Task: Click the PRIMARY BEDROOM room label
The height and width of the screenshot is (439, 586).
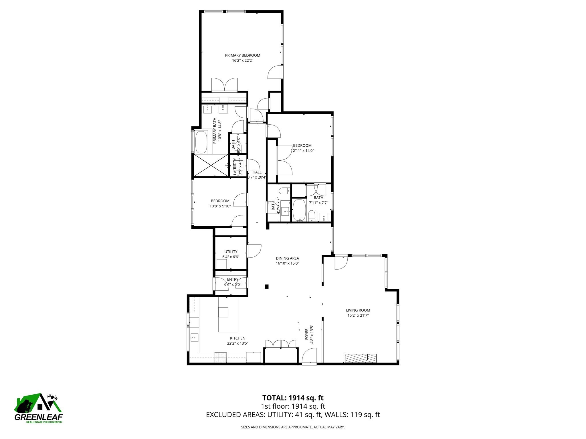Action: pyautogui.click(x=242, y=55)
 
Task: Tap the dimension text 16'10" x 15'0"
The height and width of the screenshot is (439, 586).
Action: pyautogui.click(x=287, y=264)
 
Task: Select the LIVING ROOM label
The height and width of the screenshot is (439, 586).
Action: pyautogui.click(x=358, y=310)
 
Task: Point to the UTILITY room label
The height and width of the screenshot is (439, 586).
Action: pyautogui.click(x=231, y=252)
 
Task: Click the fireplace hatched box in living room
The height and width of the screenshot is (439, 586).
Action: pyautogui.click(x=361, y=358)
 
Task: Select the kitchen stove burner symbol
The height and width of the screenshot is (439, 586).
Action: pyautogui.click(x=220, y=358)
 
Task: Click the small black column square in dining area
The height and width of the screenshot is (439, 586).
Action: pyautogui.click(x=267, y=286)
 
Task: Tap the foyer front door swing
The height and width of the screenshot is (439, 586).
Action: pyautogui.click(x=310, y=356)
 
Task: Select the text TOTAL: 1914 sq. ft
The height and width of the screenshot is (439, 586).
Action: pyautogui.click(x=293, y=398)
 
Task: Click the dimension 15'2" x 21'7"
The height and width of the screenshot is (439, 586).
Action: pyautogui.click(x=358, y=316)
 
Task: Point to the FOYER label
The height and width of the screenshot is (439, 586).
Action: pyautogui.click(x=307, y=334)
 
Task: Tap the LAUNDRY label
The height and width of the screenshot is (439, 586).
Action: pyautogui.click(x=235, y=166)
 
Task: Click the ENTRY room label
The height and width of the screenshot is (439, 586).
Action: pyautogui.click(x=233, y=280)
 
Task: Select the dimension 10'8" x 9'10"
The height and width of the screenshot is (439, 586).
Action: pyautogui.click(x=220, y=206)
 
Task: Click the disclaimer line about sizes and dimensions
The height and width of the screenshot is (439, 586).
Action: pyautogui.click(x=293, y=427)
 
